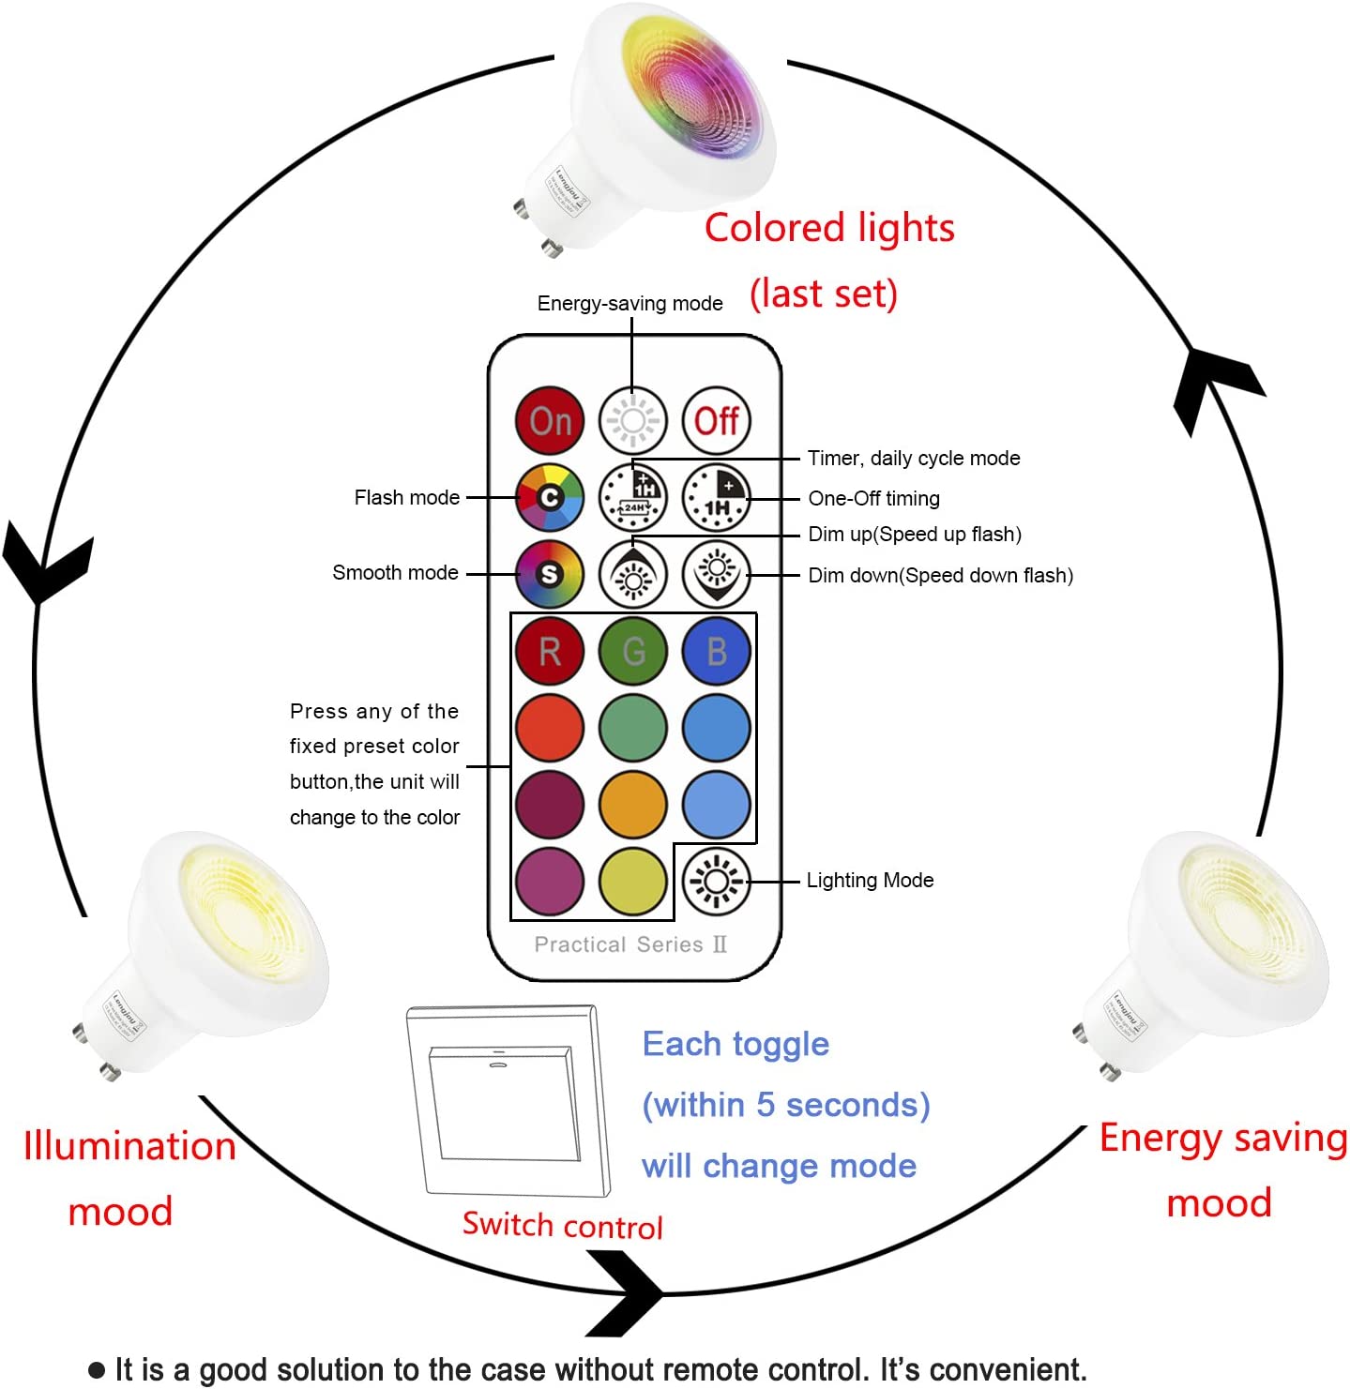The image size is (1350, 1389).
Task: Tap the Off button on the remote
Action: pyautogui.click(x=717, y=421)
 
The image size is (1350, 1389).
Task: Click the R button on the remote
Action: pyautogui.click(x=550, y=651)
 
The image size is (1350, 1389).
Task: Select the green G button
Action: pyautogui.click(x=633, y=651)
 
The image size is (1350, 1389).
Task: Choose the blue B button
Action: pyautogui.click(x=717, y=651)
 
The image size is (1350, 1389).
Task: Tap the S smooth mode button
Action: pyautogui.click(x=550, y=574)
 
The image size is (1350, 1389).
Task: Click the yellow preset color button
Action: pyautogui.click(x=633, y=881)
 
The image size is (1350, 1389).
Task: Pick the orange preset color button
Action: pyautogui.click(x=633, y=804)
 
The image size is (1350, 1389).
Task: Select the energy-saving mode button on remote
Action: pyautogui.click(x=633, y=421)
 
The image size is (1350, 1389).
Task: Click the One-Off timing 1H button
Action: pyautogui.click(x=717, y=497)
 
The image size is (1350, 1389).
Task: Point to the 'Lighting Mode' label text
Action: pyautogui.click(x=870, y=880)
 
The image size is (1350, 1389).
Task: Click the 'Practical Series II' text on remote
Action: pyautogui.click(x=630, y=944)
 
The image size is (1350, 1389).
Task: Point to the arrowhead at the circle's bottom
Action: pyautogui.click(x=629, y=1293)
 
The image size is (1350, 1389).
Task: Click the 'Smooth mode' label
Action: pyautogui.click(x=395, y=572)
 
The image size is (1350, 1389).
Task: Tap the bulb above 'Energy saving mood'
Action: pyautogui.click(x=1210, y=947)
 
